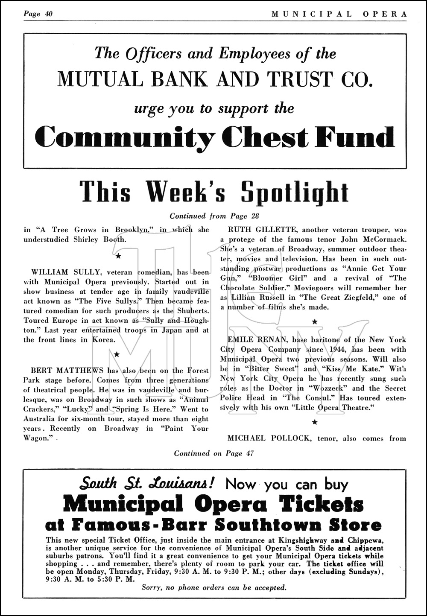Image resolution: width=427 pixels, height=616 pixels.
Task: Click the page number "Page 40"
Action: tap(38, 14)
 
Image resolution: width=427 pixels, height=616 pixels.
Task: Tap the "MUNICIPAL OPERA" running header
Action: tap(339, 14)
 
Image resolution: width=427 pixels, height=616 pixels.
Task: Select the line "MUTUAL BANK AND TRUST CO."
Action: tap(214, 80)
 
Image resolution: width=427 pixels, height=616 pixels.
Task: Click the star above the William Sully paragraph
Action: tap(118, 256)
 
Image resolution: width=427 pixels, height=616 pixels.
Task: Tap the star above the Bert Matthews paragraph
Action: tap(116, 354)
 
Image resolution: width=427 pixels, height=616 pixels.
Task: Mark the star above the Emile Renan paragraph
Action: tap(315, 322)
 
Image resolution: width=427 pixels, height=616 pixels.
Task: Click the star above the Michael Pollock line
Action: tap(315, 422)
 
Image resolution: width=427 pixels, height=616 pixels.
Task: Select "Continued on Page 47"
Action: tap(213, 453)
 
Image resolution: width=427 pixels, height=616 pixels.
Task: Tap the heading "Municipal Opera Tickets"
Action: tap(213, 505)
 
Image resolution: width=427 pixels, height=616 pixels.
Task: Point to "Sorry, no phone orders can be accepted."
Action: tap(213, 587)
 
